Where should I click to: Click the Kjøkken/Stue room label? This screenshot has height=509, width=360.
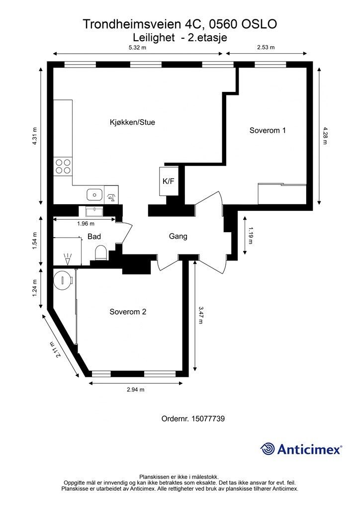tap(132, 122)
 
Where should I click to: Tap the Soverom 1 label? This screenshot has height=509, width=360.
tap(268, 131)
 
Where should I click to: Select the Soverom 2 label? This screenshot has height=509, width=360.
tap(128, 312)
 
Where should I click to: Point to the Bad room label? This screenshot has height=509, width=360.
tap(94, 236)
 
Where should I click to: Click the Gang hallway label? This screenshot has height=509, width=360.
tap(178, 236)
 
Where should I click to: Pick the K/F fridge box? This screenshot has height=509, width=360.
tap(169, 181)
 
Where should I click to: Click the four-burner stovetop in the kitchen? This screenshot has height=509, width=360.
tap(63, 166)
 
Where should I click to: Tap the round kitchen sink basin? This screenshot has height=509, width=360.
tap(94, 195)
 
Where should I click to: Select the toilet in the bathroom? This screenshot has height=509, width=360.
tap(100, 253)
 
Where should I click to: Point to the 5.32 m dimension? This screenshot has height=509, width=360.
tap(138, 47)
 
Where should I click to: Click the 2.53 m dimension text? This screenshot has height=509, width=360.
tap(266, 47)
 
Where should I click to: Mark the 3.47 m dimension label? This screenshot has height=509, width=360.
tap(201, 315)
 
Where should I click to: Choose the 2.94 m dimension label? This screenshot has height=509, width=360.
tap(135, 390)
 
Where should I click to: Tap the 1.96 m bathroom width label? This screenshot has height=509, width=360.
tap(86, 224)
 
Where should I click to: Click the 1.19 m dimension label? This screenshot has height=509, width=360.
tap(250, 235)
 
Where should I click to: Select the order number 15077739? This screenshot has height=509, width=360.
tap(208, 419)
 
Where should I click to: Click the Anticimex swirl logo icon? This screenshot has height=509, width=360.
tap(267, 449)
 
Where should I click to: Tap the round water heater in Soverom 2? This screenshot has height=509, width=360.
tap(62, 280)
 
